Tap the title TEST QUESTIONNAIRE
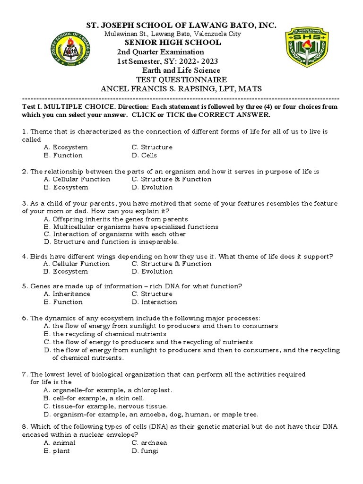[x=181, y=80]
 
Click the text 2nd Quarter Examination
[x=161, y=52]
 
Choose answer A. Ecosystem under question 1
[x=66, y=147]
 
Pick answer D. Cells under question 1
[x=144, y=156]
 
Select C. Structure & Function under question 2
[x=172, y=180]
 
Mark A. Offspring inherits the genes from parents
[x=115, y=219]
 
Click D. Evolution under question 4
[x=152, y=272]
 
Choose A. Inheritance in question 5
[x=67, y=294]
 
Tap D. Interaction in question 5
[x=155, y=302]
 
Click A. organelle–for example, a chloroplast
[x=108, y=390]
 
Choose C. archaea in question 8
[x=149, y=443]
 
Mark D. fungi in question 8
[x=145, y=451]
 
